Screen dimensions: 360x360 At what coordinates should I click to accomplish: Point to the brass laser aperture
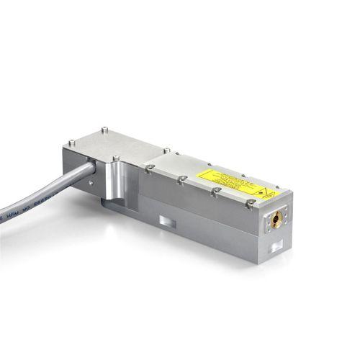(x=276, y=219)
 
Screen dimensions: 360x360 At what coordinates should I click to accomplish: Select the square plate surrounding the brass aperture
(x=276, y=219)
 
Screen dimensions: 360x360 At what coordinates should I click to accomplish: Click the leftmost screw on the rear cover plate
(x=71, y=143)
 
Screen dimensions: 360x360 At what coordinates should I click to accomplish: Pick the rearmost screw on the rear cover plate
(x=105, y=130)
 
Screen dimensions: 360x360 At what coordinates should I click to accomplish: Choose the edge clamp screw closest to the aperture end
(x=249, y=204)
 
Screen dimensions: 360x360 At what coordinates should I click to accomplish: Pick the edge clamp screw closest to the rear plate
(x=148, y=168)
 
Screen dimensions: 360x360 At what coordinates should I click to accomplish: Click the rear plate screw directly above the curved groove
(x=115, y=158)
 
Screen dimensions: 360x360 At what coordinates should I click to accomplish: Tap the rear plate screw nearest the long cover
(x=166, y=150)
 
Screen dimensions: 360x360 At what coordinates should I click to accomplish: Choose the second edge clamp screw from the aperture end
(x=215, y=192)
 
